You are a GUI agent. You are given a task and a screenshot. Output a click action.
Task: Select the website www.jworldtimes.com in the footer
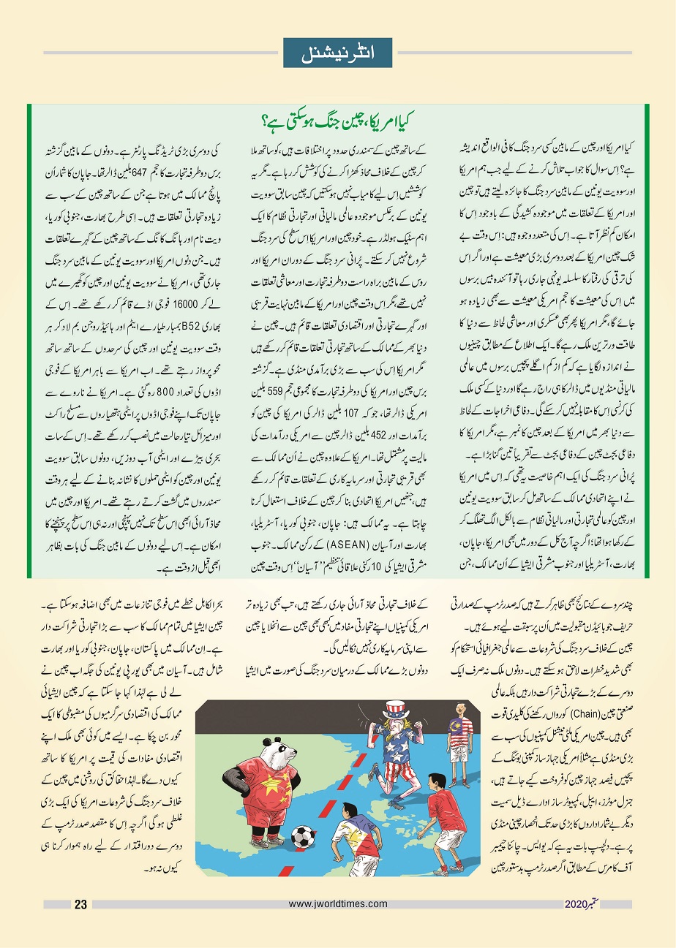(x=338, y=904)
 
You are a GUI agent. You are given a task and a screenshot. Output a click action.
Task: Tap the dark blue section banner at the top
(x=337, y=51)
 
